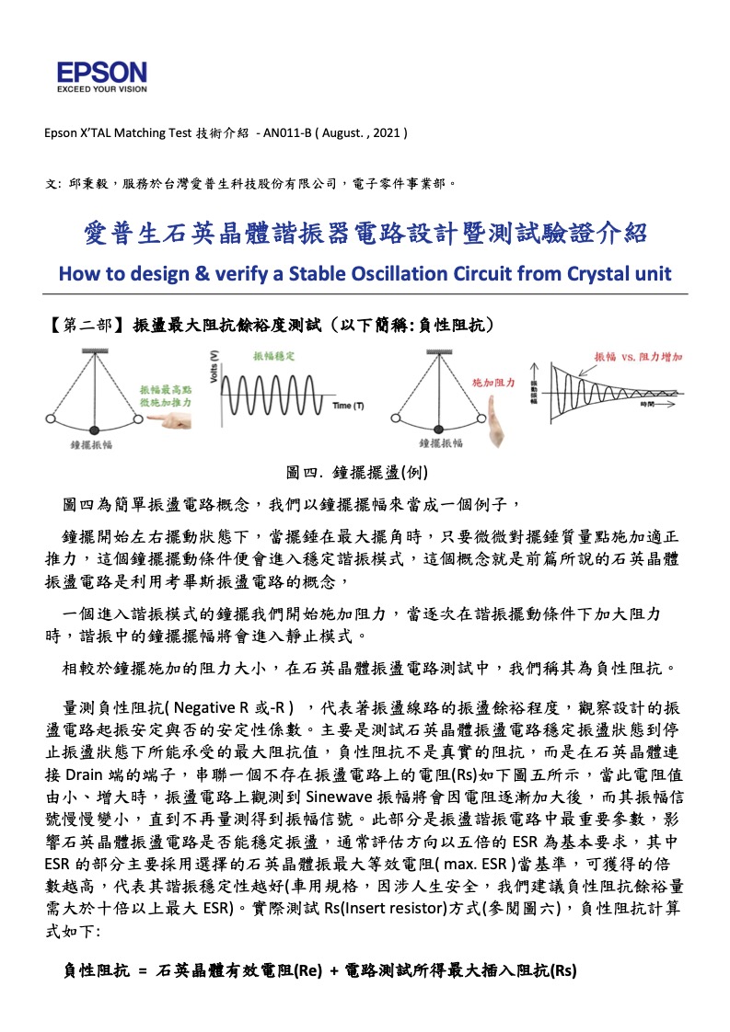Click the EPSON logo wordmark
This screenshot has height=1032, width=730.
(x=101, y=73)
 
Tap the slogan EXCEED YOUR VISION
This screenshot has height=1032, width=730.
(x=101, y=90)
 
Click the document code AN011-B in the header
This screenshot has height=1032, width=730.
(x=285, y=132)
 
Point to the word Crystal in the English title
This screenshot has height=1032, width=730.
(x=568, y=273)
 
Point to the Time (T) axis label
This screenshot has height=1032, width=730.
(x=347, y=406)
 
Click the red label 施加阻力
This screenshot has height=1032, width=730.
(x=493, y=381)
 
